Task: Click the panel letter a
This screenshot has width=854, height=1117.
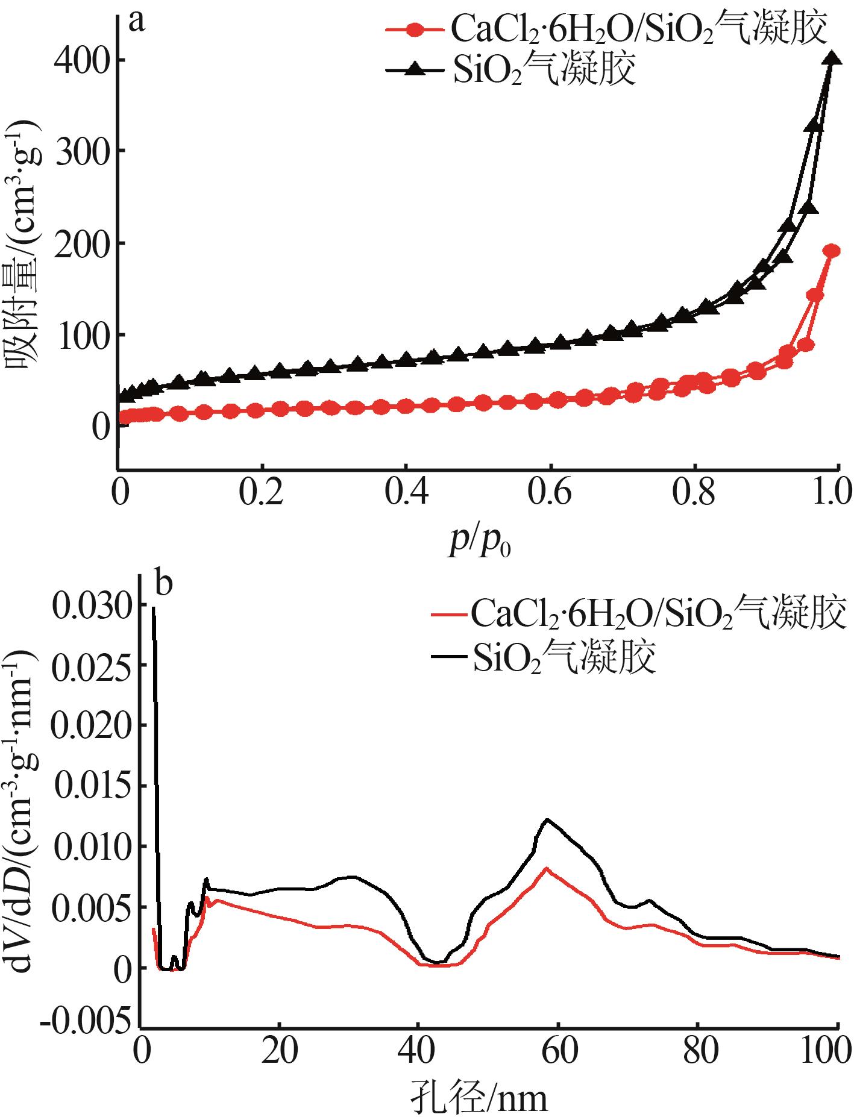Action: click(138, 22)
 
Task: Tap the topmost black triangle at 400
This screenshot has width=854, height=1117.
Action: click(832, 58)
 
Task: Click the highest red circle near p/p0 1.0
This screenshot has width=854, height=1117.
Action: click(832, 251)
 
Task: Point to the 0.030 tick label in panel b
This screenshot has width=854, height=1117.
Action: click(92, 605)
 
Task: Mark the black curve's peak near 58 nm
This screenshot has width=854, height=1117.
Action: click(547, 819)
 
